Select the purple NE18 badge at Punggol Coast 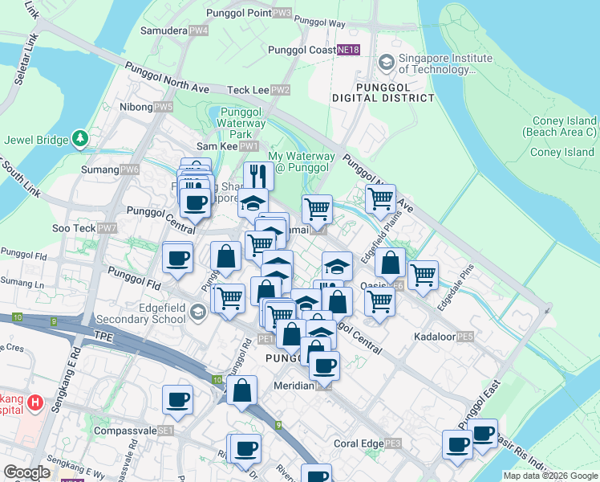(x=348, y=50)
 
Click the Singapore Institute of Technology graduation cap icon (x=386, y=62)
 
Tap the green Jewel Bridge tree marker (x=80, y=139)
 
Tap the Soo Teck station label (x=86, y=229)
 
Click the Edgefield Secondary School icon (x=197, y=310)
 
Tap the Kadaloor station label (x=444, y=337)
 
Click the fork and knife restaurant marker (x=258, y=175)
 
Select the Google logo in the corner (x=27, y=472)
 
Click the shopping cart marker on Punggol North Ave (x=380, y=198)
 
